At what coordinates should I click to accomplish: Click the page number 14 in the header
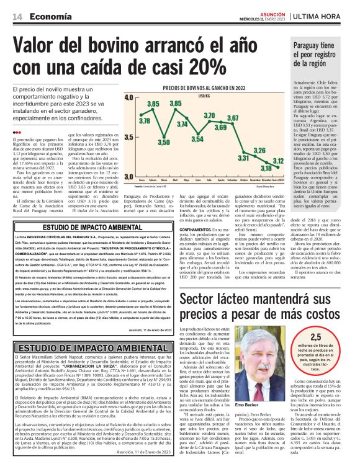pos(17,17)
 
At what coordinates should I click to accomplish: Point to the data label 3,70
pos(210,117)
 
